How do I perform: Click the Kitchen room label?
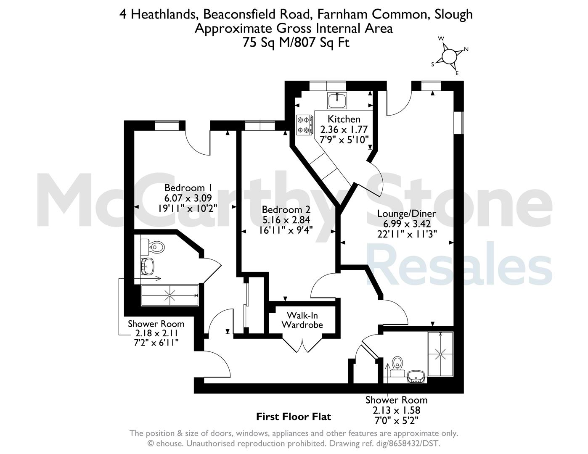click(344, 119)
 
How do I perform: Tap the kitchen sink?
click(337, 100)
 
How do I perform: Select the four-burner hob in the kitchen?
click(305, 125)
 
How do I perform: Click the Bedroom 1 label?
click(188, 187)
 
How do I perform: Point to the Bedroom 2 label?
click(286, 210)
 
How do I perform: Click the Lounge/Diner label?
click(407, 214)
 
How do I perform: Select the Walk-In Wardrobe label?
click(302, 320)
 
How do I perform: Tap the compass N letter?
click(466, 49)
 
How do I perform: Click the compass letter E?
click(457, 73)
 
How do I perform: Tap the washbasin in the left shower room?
click(148, 266)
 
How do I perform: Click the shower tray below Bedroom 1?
click(170, 295)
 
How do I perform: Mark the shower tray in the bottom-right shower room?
click(440, 354)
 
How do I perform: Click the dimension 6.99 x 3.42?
click(407, 224)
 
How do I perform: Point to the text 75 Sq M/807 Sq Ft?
click(296, 42)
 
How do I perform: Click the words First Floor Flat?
click(294, 417)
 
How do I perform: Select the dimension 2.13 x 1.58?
click(397, 410)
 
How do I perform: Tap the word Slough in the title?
click(453, 14)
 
